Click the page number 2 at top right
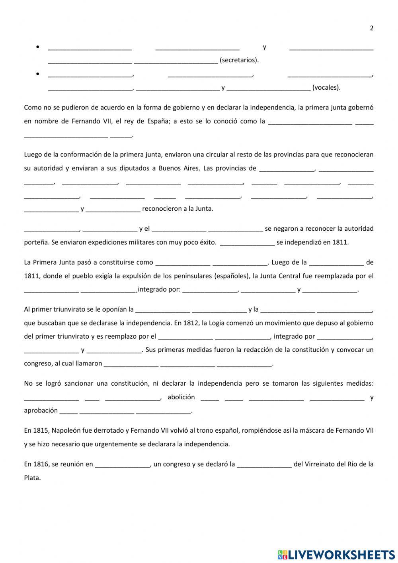(x=372, y=28)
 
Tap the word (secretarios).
(x=239, y=60)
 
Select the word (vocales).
(x=326, y=88)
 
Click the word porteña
(x=35, y=242)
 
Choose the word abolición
(x=181, y=397)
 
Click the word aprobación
(x=41, y=410)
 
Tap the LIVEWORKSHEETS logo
(x=336, y=555)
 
